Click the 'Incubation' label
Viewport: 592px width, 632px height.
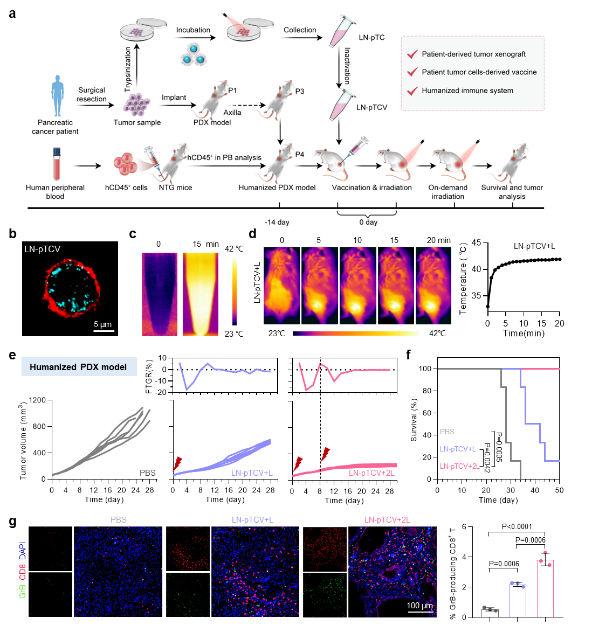click(x=193, y=30)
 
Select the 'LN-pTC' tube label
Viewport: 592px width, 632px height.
click(x=371, y=38)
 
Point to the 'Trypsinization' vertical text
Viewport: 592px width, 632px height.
click(x=128, y=69)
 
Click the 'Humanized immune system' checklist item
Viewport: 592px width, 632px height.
click(x=467, y=91)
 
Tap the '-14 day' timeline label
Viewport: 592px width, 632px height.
click(x=277, y=222)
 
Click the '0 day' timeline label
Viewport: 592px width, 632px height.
click(x=368, y=222)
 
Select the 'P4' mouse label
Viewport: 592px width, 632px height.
click(x=300, y=155)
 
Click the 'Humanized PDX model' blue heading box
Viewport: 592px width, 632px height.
click(x=79, y=367)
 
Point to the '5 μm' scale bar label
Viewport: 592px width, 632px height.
click(x=103, y=324)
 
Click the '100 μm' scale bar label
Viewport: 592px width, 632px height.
click(x=419, y=606)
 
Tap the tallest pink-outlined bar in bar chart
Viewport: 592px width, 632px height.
click(x=545, y=588)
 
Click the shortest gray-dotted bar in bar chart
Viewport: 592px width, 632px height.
click(x=490, y=613)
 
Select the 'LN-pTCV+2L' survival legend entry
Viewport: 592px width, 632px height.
click(x=459, y=466)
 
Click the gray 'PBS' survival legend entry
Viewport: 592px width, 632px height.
click(x=447, y=432)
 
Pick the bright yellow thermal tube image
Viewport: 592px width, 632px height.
click(x=201, y=294)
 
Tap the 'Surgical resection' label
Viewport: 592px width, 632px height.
click(x=92, y=94)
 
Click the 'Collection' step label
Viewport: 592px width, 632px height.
click(x=300, y=30)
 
